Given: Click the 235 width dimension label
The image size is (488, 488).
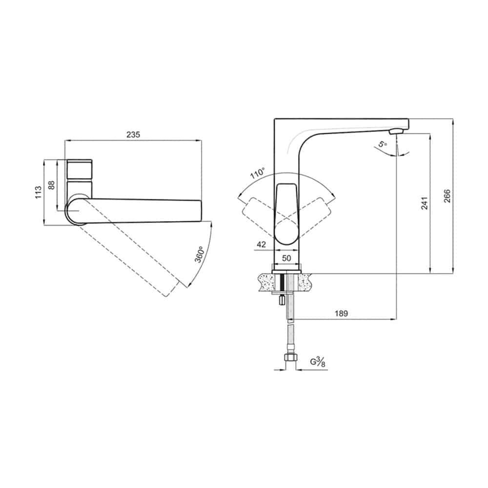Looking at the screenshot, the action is [x=133, y=135].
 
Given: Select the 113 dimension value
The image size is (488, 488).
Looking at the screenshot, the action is [x=38, y=192].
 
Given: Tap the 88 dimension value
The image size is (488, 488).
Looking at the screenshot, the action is [x=52, y=185].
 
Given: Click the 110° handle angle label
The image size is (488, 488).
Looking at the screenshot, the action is [x=258, y=173].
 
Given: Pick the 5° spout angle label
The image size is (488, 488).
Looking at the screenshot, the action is [x=383, y=144].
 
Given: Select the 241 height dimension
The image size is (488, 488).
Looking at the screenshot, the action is [x=425, y=203].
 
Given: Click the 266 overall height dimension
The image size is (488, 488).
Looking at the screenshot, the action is [x=447, y=196].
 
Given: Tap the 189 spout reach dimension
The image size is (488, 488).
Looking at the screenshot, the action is [x=342, y=313].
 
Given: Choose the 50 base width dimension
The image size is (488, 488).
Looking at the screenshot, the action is [x=286, y=258].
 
